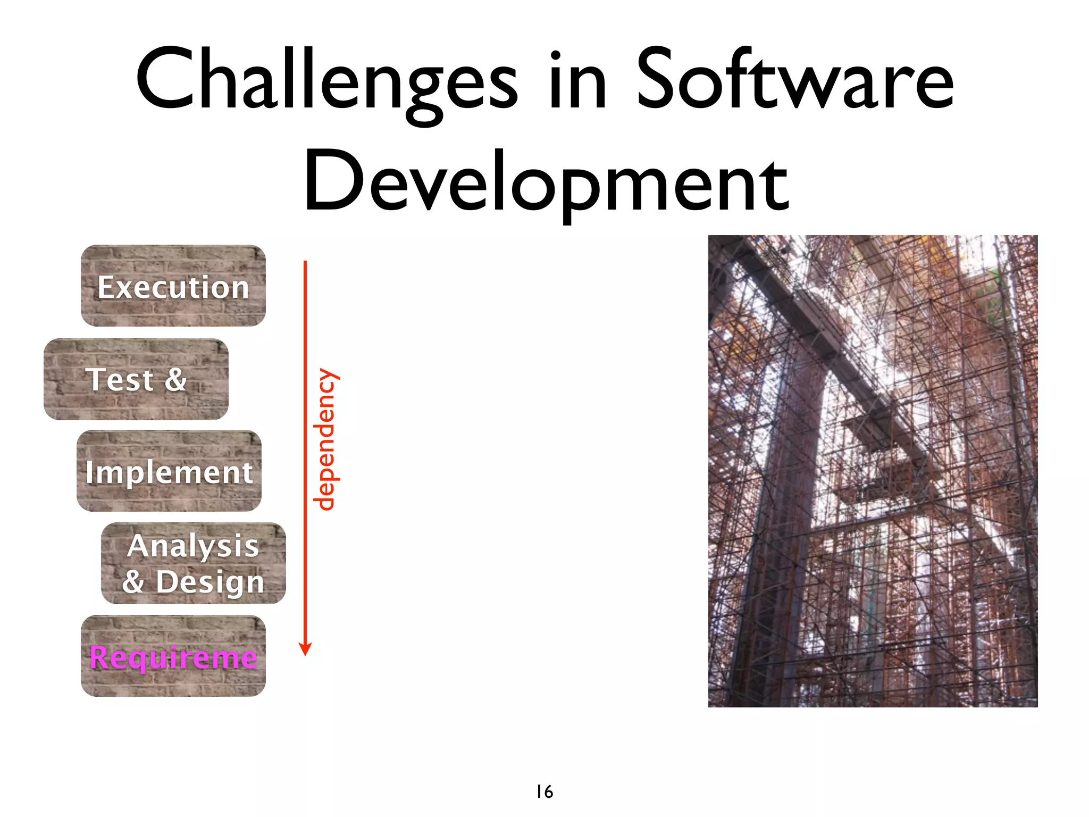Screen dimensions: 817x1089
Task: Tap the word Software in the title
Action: (x=794, y=80)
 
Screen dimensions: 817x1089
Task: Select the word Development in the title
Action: (x=546, y=181)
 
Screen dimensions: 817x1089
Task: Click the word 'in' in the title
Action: (x=576, y=80)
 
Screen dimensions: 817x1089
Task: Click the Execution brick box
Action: (x=173, y=286)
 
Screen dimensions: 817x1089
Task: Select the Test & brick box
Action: (x=136, y=379)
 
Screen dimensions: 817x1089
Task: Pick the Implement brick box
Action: (x=169, y=471)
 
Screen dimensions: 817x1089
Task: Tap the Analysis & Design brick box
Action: (x=194, y=563)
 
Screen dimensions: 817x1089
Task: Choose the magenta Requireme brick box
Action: (x=173, y=656)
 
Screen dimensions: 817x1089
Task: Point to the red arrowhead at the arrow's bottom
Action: (x=305, y=648)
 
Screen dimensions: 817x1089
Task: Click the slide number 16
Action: (x=544, y=791)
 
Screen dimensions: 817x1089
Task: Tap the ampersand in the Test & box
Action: (x=175, y=379)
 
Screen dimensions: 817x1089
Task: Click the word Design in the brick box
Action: (x=210, y=581)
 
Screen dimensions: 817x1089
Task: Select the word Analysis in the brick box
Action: (x=193, y=546)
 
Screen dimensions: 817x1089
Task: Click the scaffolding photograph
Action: (x=873, y=471)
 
